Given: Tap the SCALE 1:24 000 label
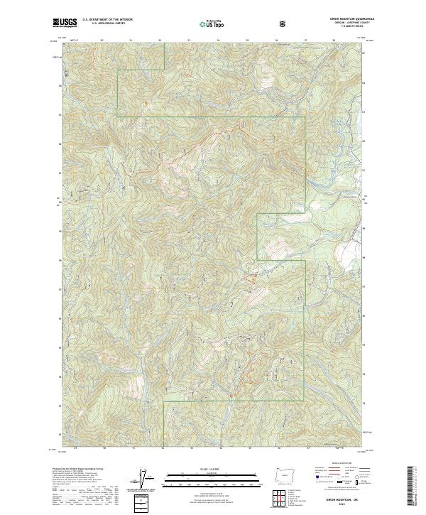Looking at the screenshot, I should coord(212,468).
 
